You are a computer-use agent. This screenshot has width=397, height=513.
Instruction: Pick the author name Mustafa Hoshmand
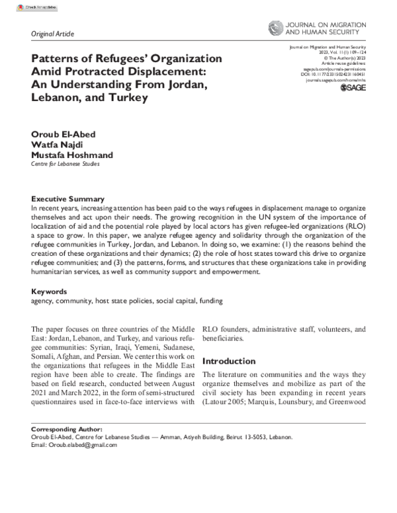[72, 155]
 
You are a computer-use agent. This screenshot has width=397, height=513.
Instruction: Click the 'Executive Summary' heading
[67, 199]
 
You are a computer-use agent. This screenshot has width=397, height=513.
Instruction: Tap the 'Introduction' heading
[228, 362]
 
